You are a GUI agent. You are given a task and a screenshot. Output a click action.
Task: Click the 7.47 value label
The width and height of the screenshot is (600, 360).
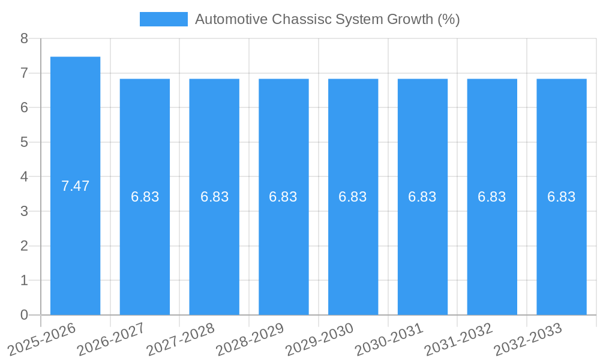(x=75, y=186)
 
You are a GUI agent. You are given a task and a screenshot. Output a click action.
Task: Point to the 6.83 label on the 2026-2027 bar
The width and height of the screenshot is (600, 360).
(x=145, y=197)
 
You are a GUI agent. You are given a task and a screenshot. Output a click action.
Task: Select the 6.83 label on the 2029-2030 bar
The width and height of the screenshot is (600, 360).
(x=353, y=197)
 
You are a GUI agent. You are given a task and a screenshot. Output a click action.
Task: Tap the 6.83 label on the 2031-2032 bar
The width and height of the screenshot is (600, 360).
(x=492, y=197)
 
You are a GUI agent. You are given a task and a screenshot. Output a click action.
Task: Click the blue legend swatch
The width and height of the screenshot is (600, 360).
(x=163, y=19)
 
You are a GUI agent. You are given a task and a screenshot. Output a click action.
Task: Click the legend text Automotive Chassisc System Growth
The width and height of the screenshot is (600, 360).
(x=327, y=19)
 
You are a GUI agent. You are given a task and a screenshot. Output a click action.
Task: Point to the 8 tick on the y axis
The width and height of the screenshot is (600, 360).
(x=24, y=38)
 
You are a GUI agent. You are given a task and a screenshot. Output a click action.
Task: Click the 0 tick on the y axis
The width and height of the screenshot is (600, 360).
(x=24, y=315)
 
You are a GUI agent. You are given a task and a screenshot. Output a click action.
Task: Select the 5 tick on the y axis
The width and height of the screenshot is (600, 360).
(x=24, y=142)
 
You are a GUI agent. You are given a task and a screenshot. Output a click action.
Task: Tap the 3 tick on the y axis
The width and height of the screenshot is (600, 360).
(x=24, y=211)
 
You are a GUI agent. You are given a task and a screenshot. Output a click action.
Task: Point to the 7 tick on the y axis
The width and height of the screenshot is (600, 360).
(x=24, y=73)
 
